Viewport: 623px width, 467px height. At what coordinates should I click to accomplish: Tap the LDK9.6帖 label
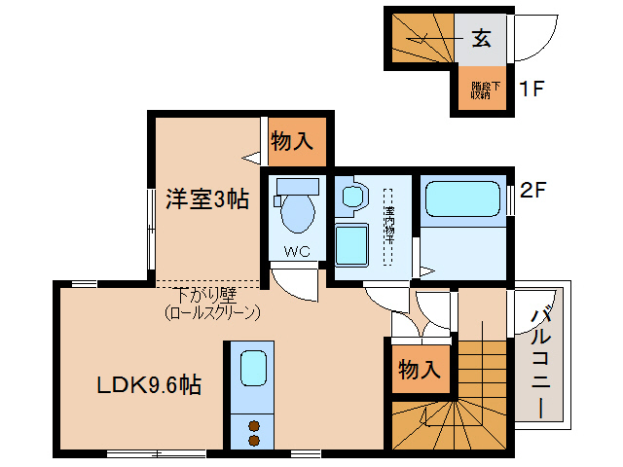coord(149,385)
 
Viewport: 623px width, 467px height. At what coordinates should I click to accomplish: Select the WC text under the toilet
coord(296,252)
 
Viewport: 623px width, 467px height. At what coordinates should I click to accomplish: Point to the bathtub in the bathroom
coord(464,200)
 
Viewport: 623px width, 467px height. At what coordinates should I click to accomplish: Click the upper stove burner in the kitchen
coord(254,425)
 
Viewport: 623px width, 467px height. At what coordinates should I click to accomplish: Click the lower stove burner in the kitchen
coord(254,441)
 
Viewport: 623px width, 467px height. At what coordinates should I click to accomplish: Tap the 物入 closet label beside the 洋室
coord(292,141)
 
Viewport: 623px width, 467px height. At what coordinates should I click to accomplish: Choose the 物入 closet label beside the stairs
coord(421,370)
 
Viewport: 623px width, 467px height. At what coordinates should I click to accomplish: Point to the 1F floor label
coord(531,90)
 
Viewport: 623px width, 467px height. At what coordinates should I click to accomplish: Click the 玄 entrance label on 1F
coord(481,39)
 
